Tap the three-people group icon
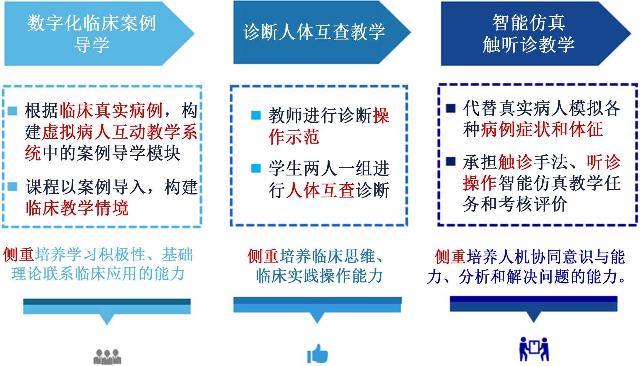pyautogui.click(x=107, y=356)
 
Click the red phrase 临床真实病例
pyautogui.click(x=111, y=110)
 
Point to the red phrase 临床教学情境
pyautogui.click(x=77, y=208)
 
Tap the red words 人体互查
pyautogui.click(x=320, y=190)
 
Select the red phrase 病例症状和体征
pyautogui.click(x=542, y=129)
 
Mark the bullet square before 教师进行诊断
pyautogui.click(x=256, y=115)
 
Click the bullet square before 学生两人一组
pyautogui.click(x=256, y=168)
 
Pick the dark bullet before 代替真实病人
pyautogui.click(x=451, y=108)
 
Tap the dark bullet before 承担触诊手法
pyautogui.click(x=451, y=161)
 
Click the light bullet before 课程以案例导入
pyautogui.click(x=12, y=186)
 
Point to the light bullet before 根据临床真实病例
pyautogui.click(x=12, y=111)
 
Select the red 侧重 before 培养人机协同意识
pyautogui.click(x=450, y=257)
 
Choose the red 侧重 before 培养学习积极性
pyautogui.click(x=19, y=255)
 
